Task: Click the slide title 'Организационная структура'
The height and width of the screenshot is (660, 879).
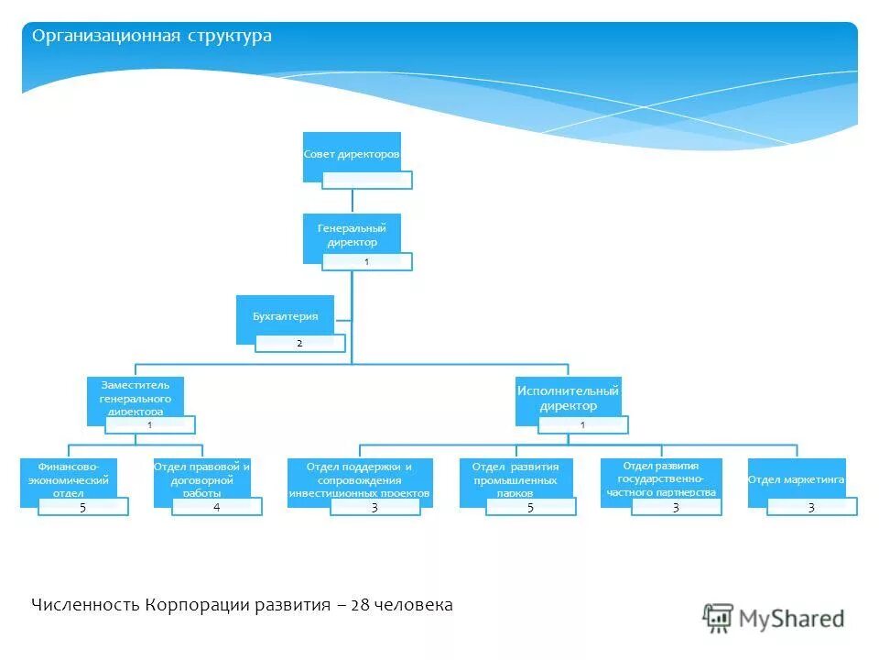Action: (152, 37)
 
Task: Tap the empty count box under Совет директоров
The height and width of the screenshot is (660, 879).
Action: (366, 180)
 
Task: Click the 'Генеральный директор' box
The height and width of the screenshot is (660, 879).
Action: (352, 235)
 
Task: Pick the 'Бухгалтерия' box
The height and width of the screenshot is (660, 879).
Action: (285, 316)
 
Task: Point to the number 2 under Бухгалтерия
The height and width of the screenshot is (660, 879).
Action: (299, 343)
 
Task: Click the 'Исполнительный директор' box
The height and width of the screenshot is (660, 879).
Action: (568, 399)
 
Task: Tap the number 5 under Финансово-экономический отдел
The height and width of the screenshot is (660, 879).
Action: (82, 507)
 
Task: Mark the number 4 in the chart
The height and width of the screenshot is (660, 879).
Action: (217, 507)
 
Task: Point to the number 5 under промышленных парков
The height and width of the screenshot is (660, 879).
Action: (530, 507)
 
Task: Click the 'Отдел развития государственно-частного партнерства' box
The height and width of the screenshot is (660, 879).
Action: (660, 478)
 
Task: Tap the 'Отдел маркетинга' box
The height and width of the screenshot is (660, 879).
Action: (796, 479)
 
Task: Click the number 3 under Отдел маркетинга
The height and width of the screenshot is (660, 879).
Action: (811, 507)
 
